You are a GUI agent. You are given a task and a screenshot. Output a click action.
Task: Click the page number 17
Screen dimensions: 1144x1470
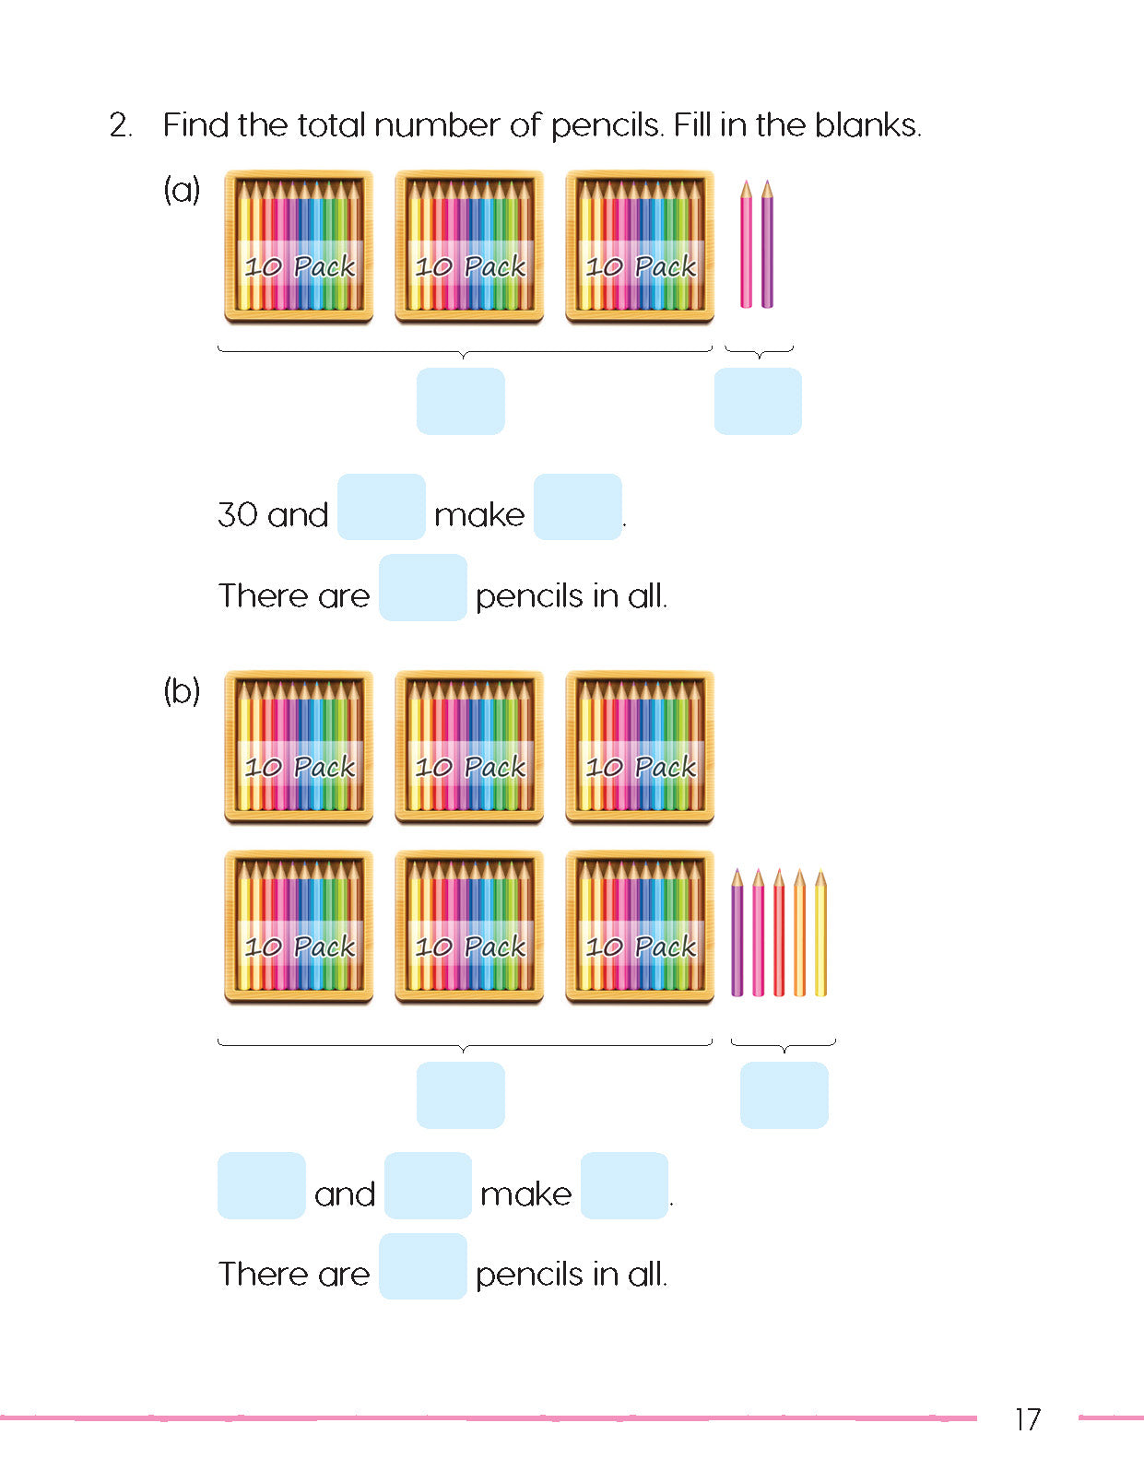point(1028,1418)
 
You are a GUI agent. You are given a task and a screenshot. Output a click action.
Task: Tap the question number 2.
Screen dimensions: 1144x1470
point(120,125)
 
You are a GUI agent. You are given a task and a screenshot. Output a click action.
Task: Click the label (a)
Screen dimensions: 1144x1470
point(182,190)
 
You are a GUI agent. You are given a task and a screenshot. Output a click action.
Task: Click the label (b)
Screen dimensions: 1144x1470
point(182,690)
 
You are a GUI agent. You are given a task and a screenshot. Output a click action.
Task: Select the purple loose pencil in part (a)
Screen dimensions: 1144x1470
point(767,244)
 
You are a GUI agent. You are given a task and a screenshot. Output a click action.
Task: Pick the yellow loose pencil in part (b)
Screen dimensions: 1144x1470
point(820,933)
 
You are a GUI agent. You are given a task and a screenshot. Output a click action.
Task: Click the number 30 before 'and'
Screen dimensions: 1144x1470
point(238,514)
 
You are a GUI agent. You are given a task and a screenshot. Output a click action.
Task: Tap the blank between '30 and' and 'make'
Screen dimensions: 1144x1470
point(382,507)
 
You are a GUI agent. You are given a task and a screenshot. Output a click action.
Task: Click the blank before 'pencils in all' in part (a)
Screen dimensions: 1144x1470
point(423,587)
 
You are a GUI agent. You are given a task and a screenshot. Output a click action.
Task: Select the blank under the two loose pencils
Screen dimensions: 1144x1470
point(758,401)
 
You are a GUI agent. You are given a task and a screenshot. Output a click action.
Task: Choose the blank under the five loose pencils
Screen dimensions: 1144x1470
point(784,1095)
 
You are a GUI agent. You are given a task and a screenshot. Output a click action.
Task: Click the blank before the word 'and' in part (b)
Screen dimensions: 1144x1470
point(262,1185)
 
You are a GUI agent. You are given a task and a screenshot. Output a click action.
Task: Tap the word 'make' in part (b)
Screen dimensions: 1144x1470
point(526,1194)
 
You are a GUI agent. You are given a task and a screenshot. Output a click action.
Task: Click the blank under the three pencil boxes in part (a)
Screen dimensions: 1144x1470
point(461,401)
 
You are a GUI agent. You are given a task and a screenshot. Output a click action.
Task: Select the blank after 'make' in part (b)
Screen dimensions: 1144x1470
point(624,1185)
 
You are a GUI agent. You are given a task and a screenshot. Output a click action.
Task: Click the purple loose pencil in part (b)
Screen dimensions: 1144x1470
point(737,933)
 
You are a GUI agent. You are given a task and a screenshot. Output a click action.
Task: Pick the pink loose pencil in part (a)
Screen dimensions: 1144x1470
point(747,244)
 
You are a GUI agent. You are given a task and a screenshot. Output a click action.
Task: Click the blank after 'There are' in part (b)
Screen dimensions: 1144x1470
point(423,1266)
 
